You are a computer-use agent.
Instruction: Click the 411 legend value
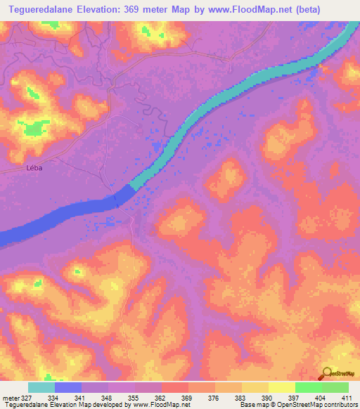[x=348, y=398]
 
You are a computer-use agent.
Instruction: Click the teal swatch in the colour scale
[x=41, y=387]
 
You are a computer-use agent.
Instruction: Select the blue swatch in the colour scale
[x=68, y=387]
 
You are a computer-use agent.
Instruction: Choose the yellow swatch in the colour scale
[x=282, y=387]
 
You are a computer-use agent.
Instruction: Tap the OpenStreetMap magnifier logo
[x=326, y=373]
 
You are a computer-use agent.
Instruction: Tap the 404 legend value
[x=321, y=398]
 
